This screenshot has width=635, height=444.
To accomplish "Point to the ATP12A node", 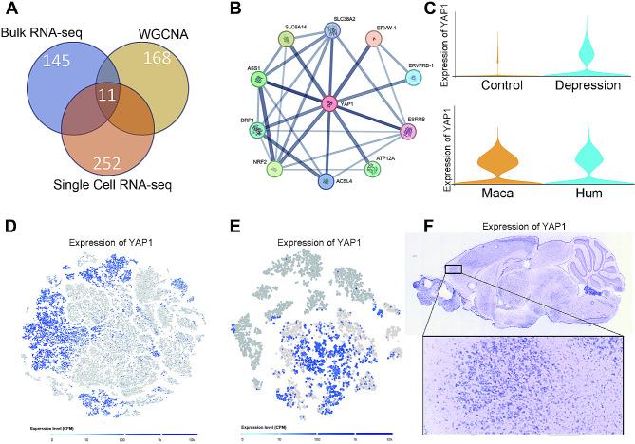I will tap(373, 170).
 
